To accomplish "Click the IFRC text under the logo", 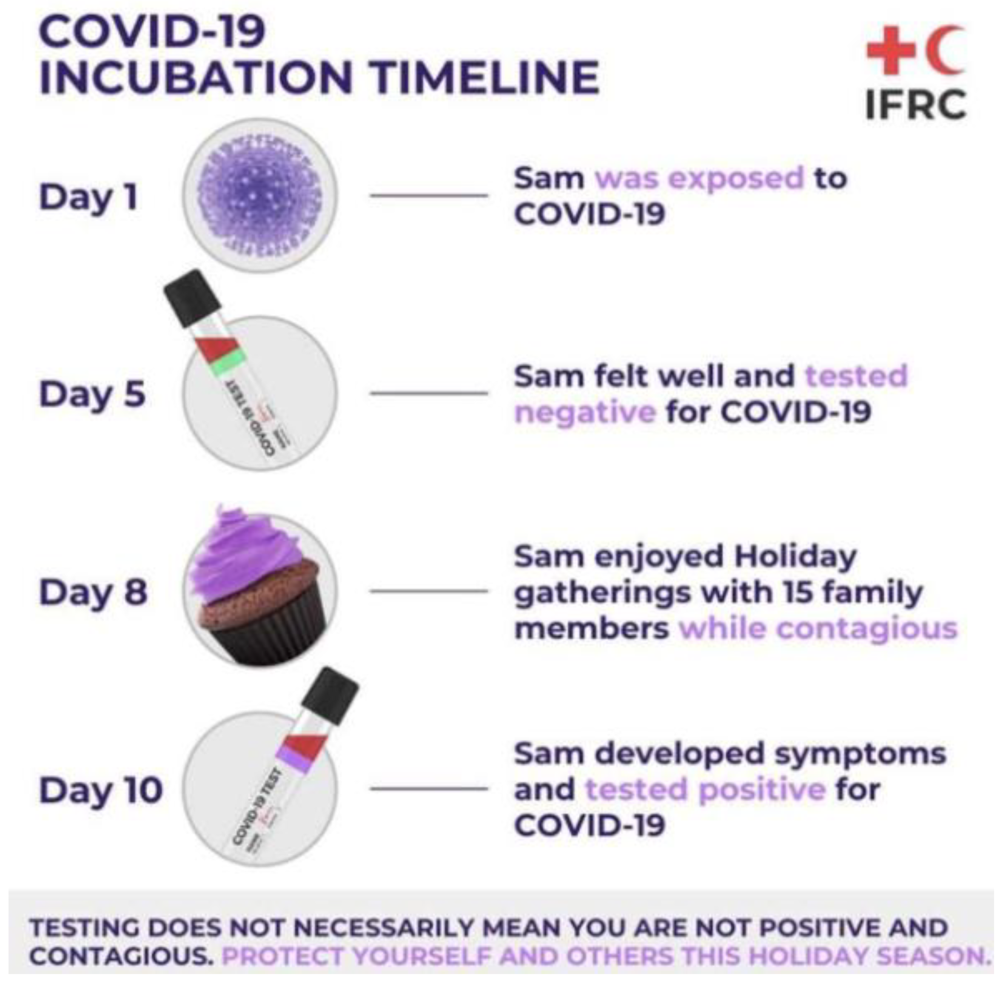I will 915,105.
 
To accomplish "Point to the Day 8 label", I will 93,592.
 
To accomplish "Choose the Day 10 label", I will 101,789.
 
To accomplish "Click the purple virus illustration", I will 259,195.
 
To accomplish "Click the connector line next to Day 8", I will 428,591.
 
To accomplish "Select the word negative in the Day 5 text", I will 585,412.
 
